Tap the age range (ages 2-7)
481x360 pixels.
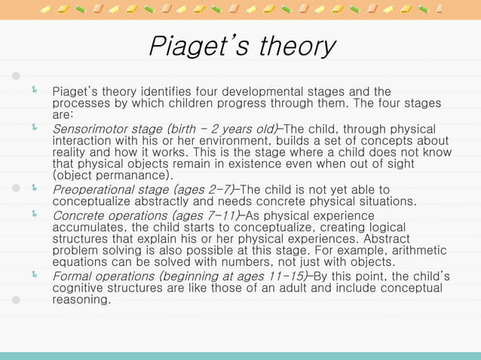point(205,189)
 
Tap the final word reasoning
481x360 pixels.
point(81,300)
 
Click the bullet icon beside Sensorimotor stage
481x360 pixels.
point(34,128)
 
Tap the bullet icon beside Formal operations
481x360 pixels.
point(34,276)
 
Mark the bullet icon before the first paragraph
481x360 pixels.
point(34,92)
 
